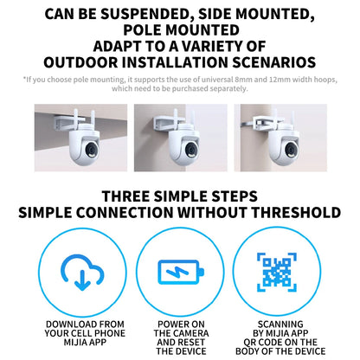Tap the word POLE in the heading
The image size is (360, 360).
pos(142,30)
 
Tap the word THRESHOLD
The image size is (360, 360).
pos(296,213)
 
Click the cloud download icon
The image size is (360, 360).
pos(82,272)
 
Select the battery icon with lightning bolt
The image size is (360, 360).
pos(181,273)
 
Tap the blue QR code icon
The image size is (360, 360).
pos(277,272)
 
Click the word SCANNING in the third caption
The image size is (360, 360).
pos(280,325)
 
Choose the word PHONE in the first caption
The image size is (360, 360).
pos(110,333)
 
